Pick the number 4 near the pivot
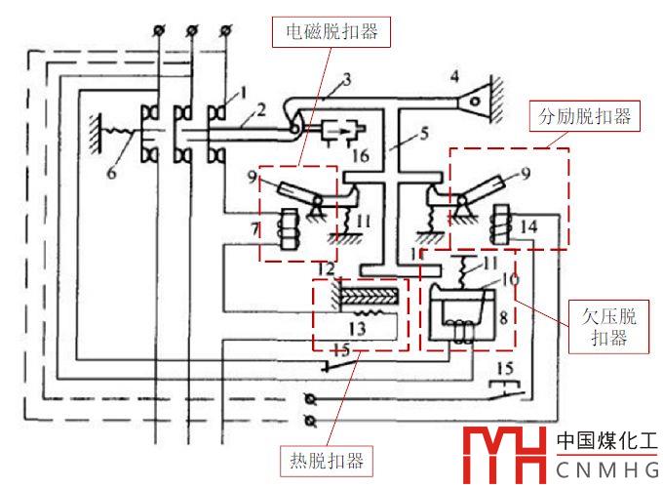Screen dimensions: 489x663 click(x=454, y=76)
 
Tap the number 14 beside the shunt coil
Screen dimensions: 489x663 click(x=527, y=226)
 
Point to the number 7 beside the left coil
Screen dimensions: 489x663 click(x=256, y=231)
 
